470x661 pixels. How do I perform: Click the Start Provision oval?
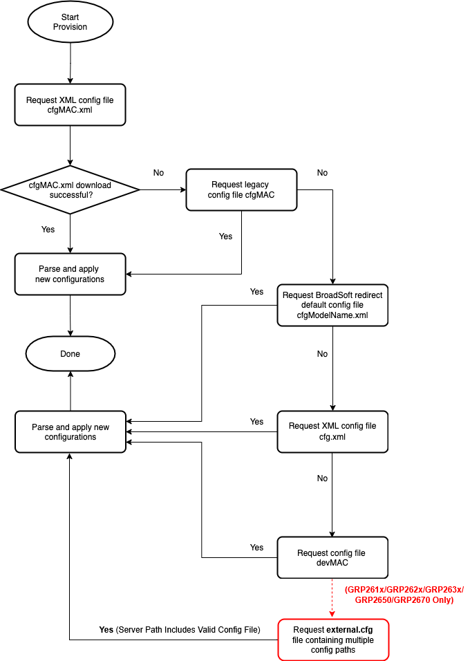(x=70, y=22)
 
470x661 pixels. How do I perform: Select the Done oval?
(x=70, y=354)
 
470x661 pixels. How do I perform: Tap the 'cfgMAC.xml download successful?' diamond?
(x=70, y=189)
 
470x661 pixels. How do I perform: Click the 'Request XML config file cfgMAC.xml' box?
(x=70, y=105)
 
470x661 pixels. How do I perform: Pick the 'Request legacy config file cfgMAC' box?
(x=241, y=189)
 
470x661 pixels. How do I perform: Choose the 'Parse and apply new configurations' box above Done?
(x=70, y=274)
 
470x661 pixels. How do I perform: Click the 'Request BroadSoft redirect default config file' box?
(x=332, y=305)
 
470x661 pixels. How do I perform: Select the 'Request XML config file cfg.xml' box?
(x=332, y=431)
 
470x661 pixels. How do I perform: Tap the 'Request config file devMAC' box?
(x=332, y=557)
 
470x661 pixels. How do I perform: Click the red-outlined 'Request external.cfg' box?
(x=333, y=640)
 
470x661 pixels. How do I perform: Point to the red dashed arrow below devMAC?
(x=332, y=598)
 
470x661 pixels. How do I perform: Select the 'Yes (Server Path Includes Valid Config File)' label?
(x=180, y=630)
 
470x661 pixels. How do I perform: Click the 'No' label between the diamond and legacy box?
(x=158, y=173)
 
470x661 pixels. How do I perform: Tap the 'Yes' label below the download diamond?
(x=48, y=230)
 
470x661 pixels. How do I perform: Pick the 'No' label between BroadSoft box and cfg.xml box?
(x=323, y=354)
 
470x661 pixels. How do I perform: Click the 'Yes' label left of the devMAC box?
(x=256, y=548)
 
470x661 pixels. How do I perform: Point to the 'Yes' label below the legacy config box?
(x=225, y=236)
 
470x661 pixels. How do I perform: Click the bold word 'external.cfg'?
(x=350, y=630)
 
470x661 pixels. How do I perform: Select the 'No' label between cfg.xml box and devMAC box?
(x=323, y=478)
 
